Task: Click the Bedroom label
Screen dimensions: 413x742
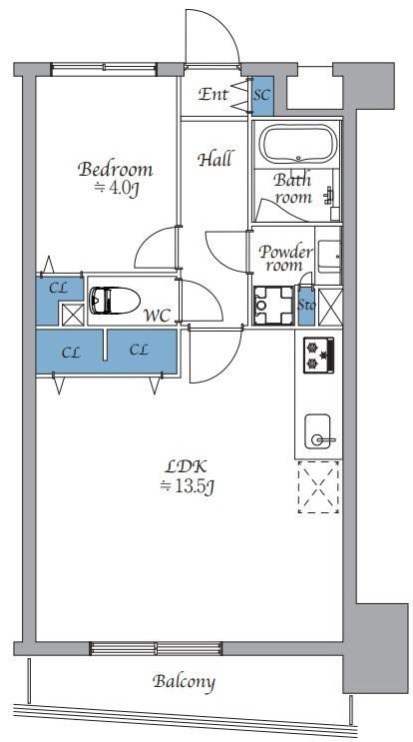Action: [x=116, y=170]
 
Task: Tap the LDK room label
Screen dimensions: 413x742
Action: [x=187, y=467]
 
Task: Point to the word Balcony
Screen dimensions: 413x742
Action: [x=184, y=682]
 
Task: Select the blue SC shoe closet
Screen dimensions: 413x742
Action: [x=262, y=96]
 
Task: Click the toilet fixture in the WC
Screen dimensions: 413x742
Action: [x=115, y=300]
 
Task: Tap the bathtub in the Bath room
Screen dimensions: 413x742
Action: [x=299, y=145]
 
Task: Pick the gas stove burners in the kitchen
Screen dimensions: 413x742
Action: [x=318, y=356]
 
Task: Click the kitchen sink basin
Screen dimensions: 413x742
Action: [x=317, y=431]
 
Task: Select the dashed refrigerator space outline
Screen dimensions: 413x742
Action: [x=318, y=487]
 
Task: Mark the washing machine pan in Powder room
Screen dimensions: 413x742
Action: [x=273, y=306]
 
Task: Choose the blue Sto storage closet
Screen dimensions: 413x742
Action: [x=305, y=306]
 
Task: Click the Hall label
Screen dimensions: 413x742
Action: [x=215, y=159]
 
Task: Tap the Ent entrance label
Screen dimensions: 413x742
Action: [x=212, y=94]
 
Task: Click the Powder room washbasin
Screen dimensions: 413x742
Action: [x=329, y=256]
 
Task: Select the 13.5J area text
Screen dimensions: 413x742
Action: [x=188, y=486]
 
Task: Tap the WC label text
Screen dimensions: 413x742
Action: [x=157, y=317]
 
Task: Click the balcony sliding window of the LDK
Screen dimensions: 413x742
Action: [x=156, y=648]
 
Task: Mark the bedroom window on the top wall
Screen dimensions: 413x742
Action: [x=104, y=70]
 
